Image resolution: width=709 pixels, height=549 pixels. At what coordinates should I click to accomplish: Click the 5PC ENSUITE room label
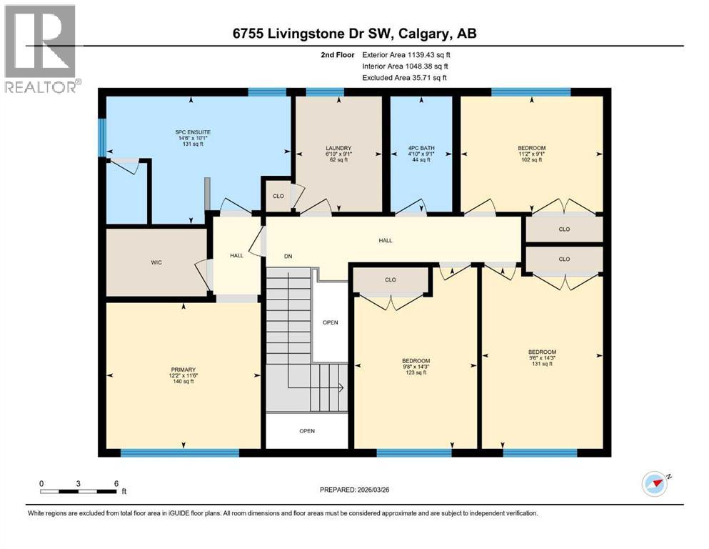pos(193,132)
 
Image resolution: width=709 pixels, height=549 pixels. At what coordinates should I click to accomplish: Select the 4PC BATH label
pos(421,149)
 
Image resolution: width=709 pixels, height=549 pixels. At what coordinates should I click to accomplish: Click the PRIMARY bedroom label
pos(183,370)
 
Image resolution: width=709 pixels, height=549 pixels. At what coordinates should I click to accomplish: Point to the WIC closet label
pos(156,262)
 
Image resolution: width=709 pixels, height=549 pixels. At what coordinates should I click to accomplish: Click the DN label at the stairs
pos(288,255)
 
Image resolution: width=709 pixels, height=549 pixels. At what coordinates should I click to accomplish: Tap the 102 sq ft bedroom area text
pos(531,160)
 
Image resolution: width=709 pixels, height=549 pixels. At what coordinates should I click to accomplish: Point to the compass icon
pos(655,484)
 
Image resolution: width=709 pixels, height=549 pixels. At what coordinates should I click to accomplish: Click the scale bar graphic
pos(79,490)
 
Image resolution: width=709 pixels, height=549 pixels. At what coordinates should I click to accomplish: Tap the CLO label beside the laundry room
pos(278,194)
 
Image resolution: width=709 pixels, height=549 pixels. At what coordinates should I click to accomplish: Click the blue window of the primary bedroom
pos(179,452)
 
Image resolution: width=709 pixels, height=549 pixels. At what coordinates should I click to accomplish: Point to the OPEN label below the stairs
pos(307,430)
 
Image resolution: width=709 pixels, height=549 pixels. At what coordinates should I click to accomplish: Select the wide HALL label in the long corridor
pos(386,241)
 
